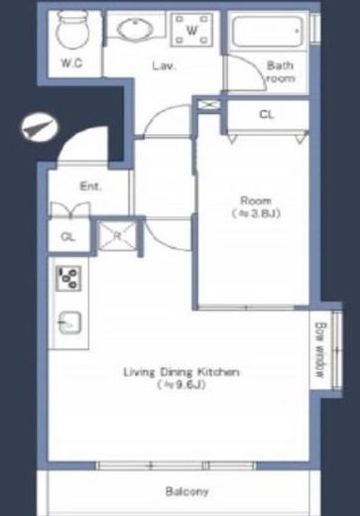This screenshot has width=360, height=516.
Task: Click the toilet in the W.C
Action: [72, 29]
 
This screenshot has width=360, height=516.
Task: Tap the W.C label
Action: [71, 63]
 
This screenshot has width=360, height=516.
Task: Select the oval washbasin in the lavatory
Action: [135, 29]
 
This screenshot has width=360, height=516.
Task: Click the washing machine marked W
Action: [191, 30]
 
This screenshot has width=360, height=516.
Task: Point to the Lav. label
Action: [165, 65]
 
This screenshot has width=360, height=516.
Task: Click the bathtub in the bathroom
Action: [267, 32]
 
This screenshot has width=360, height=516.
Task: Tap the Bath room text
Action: [281, 71]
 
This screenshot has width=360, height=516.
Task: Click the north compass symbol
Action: [40, 127]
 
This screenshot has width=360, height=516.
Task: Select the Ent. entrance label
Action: [91, 187]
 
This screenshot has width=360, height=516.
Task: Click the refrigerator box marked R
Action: [118, 236]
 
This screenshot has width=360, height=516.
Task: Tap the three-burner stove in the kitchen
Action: [68, 279]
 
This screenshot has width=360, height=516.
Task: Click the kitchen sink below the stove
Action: [70, 322]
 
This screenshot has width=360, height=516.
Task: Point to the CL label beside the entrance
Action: [68, 237]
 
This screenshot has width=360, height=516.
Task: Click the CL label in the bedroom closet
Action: [267, 114]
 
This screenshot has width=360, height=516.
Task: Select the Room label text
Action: [256, 200]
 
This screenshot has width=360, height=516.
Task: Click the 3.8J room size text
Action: [257, 213]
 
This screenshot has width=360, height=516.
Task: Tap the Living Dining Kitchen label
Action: [181, 372]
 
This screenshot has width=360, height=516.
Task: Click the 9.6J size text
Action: [181, 385]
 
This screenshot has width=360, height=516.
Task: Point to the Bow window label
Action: [321, 350]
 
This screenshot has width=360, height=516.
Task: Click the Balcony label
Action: [186, 491]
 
